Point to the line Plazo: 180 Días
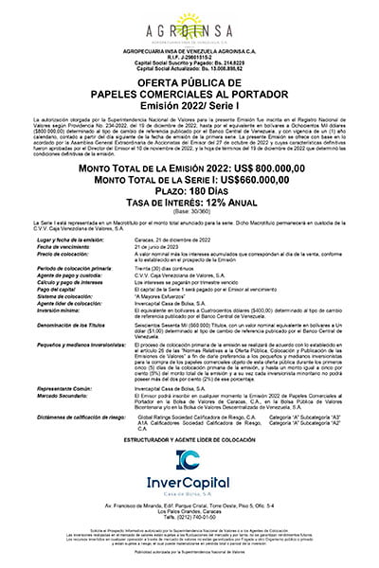[189, 189]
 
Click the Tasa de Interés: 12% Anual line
[189, 201]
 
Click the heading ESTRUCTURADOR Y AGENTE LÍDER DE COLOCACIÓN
[189, 438]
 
